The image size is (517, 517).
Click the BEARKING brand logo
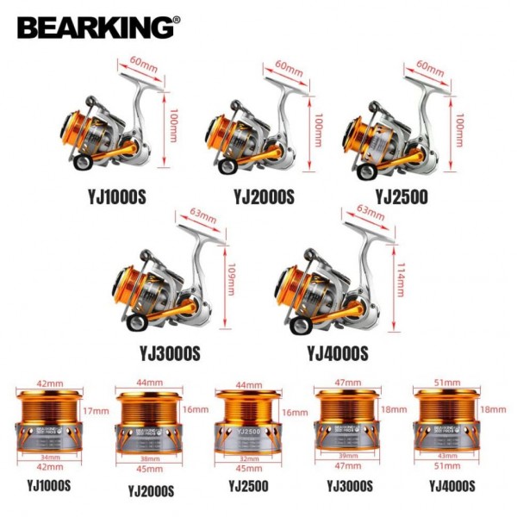(x=97, y=27)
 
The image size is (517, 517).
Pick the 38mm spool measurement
(x=148, y=459)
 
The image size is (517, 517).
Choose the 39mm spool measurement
(x=347, y=458)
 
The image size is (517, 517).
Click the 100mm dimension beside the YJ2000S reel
(x=321, y=130)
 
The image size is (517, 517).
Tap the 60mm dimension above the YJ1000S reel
(x=139, y=63)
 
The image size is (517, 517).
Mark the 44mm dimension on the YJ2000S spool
(x=148, y=382)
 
